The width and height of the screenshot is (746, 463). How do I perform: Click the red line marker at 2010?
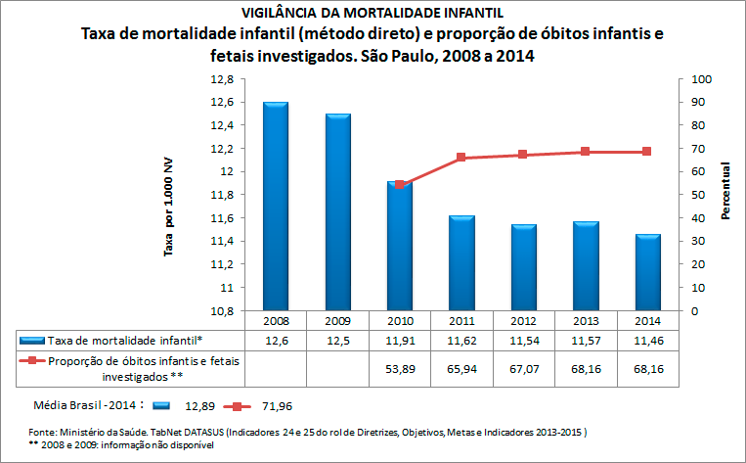click(400, 185)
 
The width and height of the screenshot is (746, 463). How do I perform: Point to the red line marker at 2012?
click(522, 155)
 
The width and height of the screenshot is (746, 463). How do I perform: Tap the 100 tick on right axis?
click(702, 78)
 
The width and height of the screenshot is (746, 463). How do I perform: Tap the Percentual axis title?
click(726, 191)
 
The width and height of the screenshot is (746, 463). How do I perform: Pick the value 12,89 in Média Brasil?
click(200, 403)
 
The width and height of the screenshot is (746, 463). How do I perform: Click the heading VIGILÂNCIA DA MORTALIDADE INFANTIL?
click(373, 13)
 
